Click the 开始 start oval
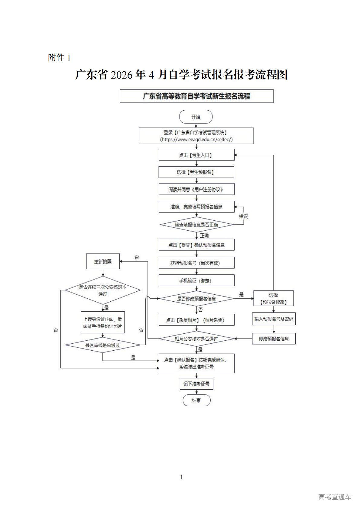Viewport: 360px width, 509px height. coord(196,117)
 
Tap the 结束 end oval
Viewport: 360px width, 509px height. coord(196,400)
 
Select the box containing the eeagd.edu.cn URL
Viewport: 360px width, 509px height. coord(196,136)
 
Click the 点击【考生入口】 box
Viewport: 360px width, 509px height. coord(196,155)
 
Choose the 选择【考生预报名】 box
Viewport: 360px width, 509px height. coord(196,172)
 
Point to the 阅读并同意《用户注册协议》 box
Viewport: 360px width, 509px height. coord(196,190)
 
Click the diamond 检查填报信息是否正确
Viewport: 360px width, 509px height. coord(196,225)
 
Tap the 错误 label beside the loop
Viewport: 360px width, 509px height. coord(243,216)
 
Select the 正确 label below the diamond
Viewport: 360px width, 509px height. coord(204,235)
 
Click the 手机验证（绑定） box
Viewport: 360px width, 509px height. coord(196,281)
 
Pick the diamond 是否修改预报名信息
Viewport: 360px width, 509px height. coord(196,299)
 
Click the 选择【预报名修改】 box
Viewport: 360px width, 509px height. coord(273,298)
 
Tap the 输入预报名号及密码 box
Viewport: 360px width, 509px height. coord(274,319)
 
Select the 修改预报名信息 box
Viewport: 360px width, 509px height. coord(274,339)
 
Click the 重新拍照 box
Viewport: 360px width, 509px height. coord(103,261)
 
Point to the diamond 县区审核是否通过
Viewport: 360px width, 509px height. coord(103,345)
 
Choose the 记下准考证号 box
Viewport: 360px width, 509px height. coord(196,384)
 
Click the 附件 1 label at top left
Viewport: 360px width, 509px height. coord(59,57)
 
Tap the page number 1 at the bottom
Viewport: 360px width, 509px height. coord(181,477)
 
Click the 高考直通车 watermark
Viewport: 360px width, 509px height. coord(335,497)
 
